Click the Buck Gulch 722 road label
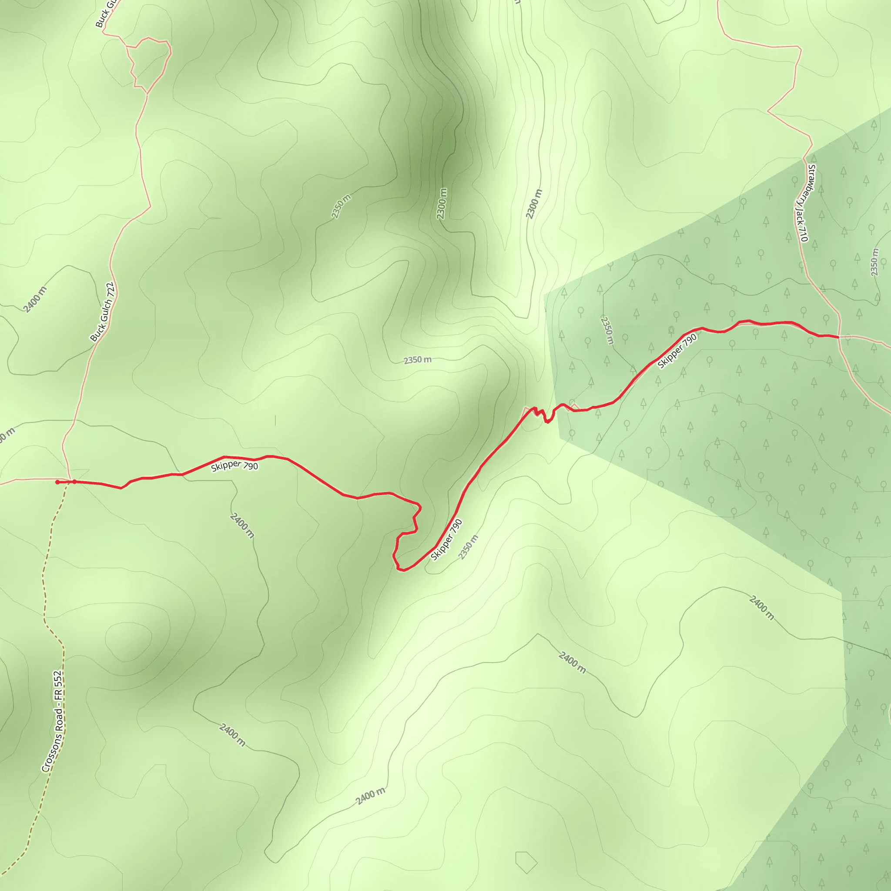102,312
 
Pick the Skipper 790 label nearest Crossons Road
234,466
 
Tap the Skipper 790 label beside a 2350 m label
446,540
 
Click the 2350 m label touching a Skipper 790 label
468,547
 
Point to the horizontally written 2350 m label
417,360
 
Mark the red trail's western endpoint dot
57,482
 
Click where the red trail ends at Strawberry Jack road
837,337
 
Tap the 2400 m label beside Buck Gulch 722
35,299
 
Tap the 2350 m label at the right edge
874,262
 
